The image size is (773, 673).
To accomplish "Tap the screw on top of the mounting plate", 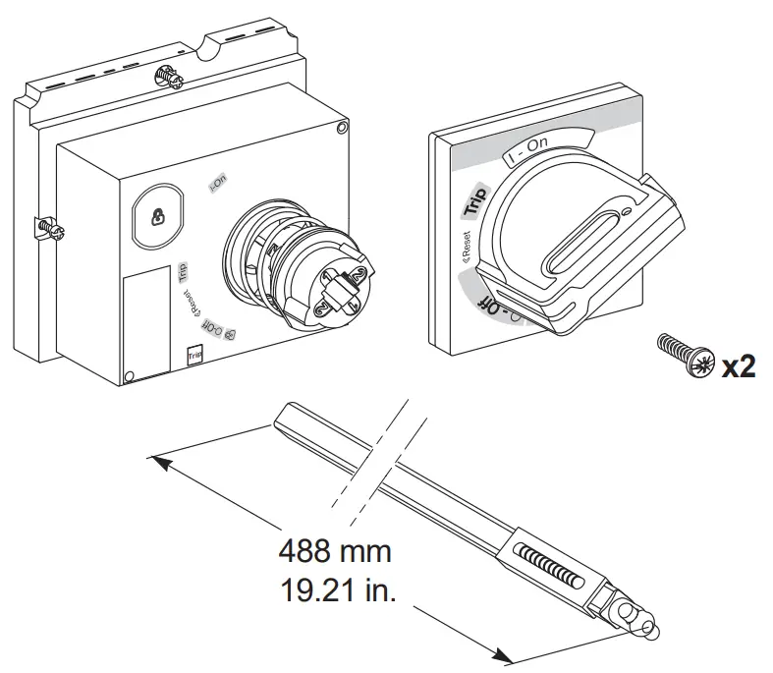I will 167,76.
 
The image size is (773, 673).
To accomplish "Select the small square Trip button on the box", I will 193,355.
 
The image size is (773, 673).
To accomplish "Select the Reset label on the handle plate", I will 465,247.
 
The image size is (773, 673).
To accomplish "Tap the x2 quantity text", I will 739,366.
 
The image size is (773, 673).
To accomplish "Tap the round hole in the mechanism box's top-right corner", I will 341,127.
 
